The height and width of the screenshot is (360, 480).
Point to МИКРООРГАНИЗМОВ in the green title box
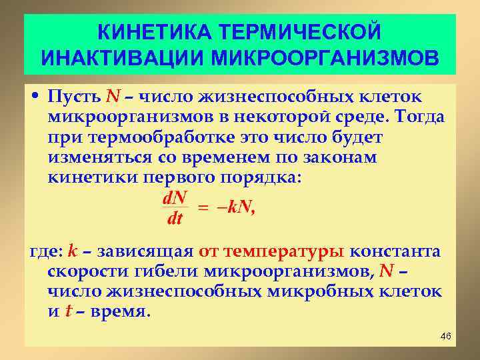[x=325, y=57]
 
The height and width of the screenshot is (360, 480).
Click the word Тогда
[x=420, y=118]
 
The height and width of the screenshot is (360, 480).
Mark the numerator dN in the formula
[x=175, y=198]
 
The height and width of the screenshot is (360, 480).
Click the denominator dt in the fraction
[x=175, y=218]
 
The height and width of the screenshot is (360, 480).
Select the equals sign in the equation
[x=202, y=208]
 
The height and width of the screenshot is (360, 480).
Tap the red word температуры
[x=285, y=252]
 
